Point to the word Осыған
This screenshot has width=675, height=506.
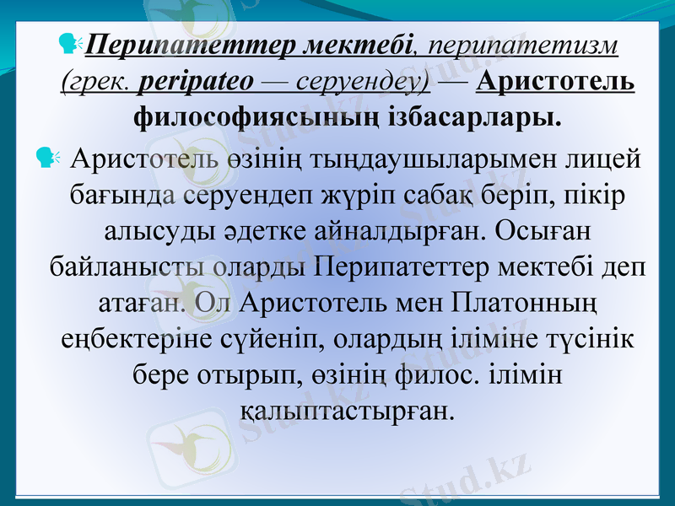(x=533, y=230)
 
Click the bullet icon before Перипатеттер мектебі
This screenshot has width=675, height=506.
(x=69, y=42)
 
